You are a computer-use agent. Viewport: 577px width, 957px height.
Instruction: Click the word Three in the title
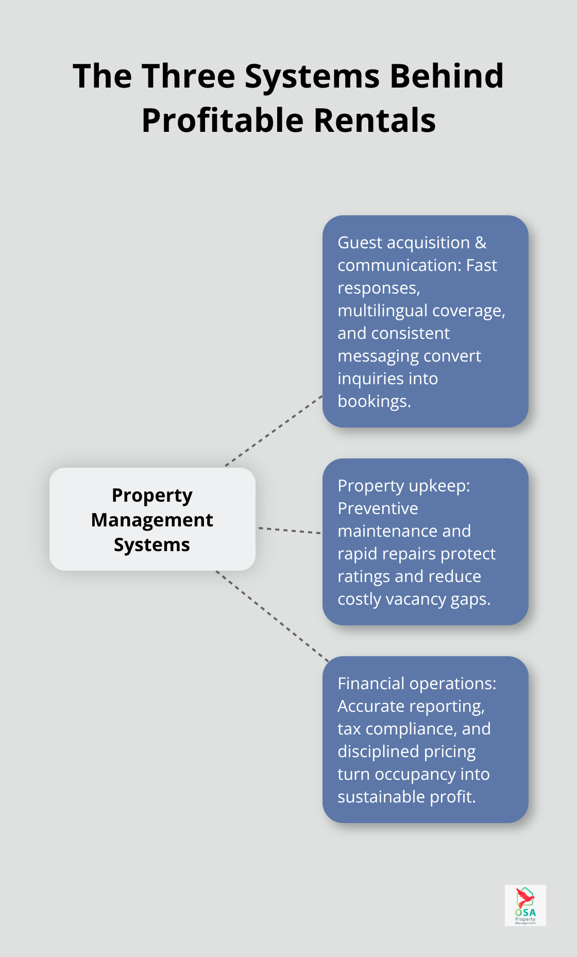pyautogui.click(x=188, y=76)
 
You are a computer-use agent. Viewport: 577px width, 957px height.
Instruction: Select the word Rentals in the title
pyautogui.click(x=375, y=121)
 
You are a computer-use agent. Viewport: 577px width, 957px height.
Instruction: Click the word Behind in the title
pyautogui.click(x=446, y=76)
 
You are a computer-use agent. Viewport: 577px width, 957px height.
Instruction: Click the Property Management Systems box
pyautogui.click(x=152, y=519)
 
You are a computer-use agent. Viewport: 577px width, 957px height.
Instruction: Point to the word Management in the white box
pyautogui.click(x=152, y=520)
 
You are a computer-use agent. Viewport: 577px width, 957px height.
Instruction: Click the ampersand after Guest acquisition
pyautogui.click(x=480, y=243)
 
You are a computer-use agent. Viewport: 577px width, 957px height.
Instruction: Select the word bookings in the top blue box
pyautogui.click(x=374, y=401)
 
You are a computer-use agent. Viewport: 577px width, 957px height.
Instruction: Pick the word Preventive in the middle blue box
pyautogui.click(x=378, y=508)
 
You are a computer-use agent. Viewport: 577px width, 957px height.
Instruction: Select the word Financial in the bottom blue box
pyautogui.click(x=371, y=683)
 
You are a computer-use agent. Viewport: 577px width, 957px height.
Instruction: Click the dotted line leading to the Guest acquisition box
pyautogui.click(x=274, y=431)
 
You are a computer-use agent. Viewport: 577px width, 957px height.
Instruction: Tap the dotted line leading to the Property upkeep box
pyautogui.click(x=289, y=530)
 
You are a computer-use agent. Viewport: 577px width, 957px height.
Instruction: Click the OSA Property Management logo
pyautogui.click(x=525, y=905)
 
